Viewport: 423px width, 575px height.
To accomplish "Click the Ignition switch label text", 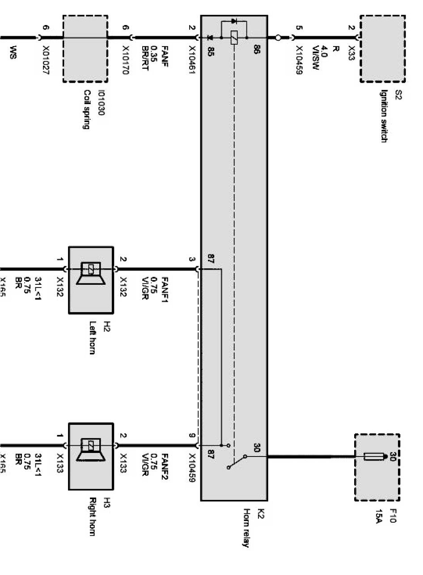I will pos(383,116).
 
